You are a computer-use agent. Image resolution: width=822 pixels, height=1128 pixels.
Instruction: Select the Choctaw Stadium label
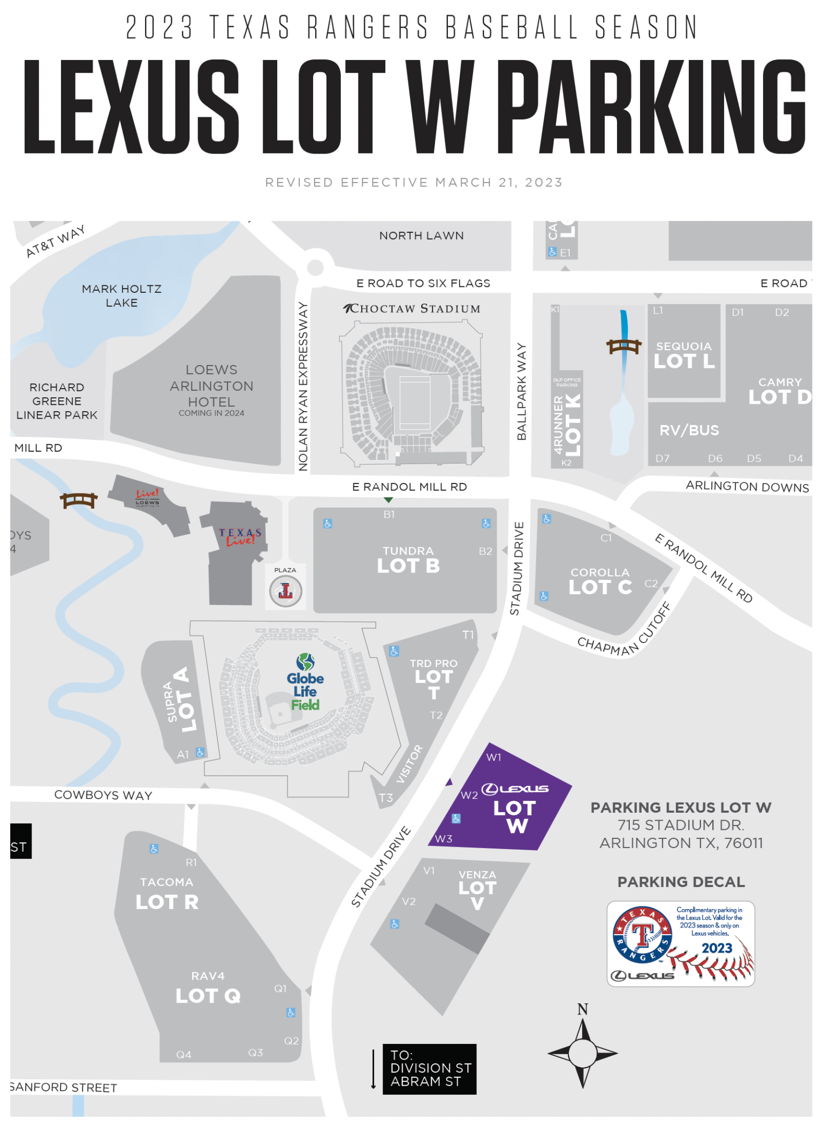pos(412,308)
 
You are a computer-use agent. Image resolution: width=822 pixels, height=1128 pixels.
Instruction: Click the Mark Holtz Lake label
pos(121,296)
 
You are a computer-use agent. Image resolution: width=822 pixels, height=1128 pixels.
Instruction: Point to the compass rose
pos(582,1053)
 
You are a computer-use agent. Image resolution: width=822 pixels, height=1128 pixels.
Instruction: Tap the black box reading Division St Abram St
pos(429,1069)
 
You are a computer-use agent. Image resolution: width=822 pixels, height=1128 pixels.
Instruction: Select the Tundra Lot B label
pos(408,560)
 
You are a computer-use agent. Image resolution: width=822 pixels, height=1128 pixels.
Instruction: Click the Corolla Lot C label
pos(600,581)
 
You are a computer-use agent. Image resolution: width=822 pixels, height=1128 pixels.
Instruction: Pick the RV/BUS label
pos(689,430)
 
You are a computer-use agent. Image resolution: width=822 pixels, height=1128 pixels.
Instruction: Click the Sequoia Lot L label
pos(684,355)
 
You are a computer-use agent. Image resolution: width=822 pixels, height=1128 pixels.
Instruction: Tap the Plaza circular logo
pos(286,592)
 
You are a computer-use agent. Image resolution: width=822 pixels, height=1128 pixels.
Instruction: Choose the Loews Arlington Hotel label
pos(211,387)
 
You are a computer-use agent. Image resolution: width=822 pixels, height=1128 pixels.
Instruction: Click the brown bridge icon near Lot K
pos(623,346)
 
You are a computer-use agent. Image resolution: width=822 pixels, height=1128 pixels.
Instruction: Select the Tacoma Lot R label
pos(166,894)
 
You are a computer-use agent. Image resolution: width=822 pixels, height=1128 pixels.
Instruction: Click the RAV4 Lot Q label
pos(208,988)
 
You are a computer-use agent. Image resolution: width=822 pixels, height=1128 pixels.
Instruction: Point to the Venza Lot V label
pos(477,889)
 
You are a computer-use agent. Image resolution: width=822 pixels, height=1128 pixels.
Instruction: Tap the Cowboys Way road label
pos(103,795)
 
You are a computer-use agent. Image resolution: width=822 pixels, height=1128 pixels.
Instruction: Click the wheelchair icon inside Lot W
pos(456,819)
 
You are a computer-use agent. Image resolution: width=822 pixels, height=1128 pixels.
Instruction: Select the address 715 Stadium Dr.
pos(681,825)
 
